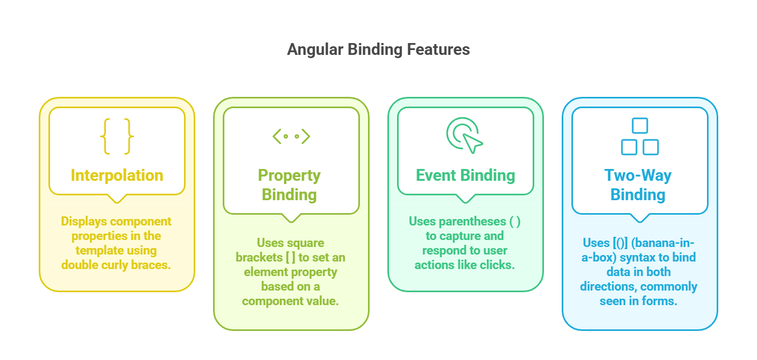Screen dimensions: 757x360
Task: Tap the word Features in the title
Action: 438,50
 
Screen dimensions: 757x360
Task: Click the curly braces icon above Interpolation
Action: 117,136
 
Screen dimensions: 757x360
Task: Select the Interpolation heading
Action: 117,175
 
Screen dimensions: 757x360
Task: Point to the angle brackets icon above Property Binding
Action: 291,136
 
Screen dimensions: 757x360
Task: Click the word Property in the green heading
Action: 289,176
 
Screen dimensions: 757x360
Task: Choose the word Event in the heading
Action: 436,175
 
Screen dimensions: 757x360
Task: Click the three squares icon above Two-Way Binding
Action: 640,136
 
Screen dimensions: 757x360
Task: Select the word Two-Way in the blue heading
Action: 638,176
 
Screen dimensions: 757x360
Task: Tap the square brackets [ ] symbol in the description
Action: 291,258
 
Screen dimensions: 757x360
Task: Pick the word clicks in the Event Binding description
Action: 498,265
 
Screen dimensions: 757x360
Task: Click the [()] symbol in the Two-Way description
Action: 620,243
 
